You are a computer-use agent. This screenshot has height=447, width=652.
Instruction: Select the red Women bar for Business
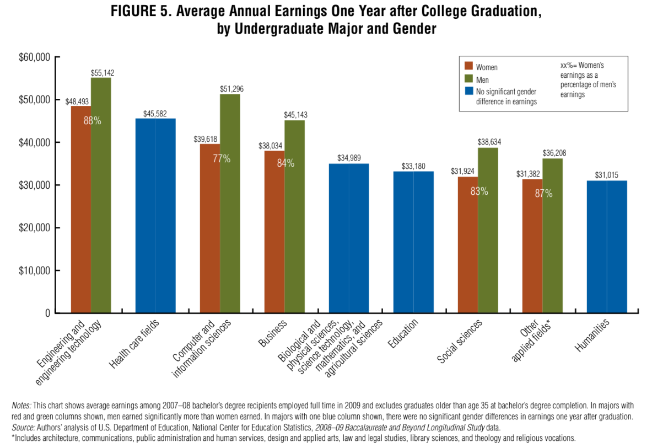(274, 232)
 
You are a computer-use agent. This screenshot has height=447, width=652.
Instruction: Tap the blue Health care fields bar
(155, 215)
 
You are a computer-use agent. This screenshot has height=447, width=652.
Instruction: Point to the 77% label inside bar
(222, 159)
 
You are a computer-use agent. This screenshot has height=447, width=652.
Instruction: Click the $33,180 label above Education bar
(413, 166)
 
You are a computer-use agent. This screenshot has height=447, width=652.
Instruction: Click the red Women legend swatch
(469, 67)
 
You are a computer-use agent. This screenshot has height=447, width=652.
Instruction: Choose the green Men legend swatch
(469, 79)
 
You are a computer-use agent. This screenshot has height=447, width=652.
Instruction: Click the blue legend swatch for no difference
(469, 91)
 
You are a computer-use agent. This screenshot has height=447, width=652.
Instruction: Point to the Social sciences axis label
(460, 340)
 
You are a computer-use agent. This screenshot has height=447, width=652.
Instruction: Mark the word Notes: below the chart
(21, 406)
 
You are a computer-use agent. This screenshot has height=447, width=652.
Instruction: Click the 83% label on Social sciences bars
(478, 191)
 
